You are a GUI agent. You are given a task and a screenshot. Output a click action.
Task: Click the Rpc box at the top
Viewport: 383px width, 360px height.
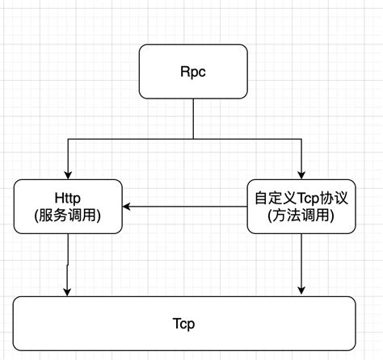pyautogui.click(x=193, y=71)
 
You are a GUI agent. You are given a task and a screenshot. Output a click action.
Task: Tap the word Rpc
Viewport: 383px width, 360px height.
pyautogui.click(x=193, y=71)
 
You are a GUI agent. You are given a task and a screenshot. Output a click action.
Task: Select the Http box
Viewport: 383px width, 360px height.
pyautogui.click(x=68, y=207)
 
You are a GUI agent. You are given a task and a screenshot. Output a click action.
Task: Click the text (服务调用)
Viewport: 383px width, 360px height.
pyautogui.click(x=68, y=216)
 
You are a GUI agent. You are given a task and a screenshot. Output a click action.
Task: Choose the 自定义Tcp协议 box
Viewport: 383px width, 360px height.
pyautogui.click(x=301, y=207)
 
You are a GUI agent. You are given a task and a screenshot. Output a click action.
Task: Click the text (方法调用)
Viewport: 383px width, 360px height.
pyautogui.click(x=301, y=216)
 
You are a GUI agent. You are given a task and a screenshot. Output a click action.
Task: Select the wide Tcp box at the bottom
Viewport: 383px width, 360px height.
pyautogui.click(x=184, y=323)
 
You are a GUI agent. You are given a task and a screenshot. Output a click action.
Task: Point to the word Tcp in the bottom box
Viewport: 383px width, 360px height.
pyautogui.click(x=184, y=323)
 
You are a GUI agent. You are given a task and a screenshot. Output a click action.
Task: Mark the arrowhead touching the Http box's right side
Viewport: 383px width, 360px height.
pyautogui.click(x=128, y=207)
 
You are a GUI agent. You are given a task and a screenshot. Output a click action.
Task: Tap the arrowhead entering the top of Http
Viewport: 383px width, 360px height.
pyautogui.click(x=68, y=174)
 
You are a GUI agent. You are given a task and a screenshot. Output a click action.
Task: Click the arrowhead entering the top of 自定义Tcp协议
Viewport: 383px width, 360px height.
pyautogui.click(x=302, y=174)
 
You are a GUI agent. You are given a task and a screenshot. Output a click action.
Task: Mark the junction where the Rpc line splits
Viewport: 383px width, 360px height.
pyautogui.click(x=193, y=140)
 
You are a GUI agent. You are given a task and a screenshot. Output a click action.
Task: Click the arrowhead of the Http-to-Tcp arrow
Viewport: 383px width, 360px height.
pyautogui.click(x=68, y=291)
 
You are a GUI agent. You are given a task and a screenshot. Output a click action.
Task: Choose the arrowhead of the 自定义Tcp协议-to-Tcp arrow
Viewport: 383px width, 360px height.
pyautogui.click(x=302, y=291)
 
